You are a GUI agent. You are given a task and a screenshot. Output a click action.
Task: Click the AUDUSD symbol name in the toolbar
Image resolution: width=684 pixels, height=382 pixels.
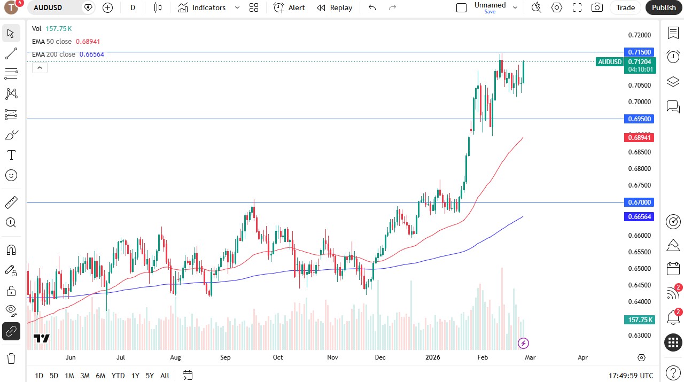[x=48, y=7]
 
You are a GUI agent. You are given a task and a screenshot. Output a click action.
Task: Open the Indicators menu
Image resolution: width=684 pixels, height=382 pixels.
[x=208, y=7]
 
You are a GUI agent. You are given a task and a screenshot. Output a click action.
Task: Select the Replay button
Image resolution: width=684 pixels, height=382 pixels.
[x=335, y=7]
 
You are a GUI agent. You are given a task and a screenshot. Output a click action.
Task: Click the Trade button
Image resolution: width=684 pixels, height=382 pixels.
[x=625, y=7]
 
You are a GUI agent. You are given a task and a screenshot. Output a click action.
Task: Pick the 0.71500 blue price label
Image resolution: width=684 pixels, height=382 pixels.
[x=639, y=52]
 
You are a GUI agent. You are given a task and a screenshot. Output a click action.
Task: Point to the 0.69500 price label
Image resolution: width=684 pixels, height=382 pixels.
[x=639, y=119]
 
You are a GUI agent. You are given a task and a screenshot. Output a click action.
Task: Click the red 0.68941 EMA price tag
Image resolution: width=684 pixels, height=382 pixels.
[x=639, y=138]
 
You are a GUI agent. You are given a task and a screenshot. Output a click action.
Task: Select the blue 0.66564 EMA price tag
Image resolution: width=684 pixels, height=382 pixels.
[x=639, y=216]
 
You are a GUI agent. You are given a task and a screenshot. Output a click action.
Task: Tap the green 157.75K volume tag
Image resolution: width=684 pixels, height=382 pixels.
[x=639, y=319]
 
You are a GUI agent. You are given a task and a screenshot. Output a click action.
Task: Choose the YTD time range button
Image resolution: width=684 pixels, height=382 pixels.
[x=118, y=376]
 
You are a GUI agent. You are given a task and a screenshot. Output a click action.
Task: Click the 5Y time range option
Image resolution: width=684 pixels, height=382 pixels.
[x=150, y=376]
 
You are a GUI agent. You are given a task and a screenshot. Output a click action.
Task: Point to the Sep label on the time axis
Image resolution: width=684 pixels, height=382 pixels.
[x=225, y=357]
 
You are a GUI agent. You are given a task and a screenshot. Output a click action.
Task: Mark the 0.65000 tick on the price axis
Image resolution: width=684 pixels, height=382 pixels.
[x=639, y=269]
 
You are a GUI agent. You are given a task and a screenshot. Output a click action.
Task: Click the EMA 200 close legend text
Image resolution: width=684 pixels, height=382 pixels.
[x=53, y=54]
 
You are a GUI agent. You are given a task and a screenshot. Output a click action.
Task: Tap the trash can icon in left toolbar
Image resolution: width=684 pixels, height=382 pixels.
[x=11, y=358]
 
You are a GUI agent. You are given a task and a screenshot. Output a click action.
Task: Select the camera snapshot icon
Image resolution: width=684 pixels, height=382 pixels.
[x=597, y=7]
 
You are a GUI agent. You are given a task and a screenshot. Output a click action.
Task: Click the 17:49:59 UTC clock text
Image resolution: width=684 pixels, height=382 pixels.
[x=631, y=376]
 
